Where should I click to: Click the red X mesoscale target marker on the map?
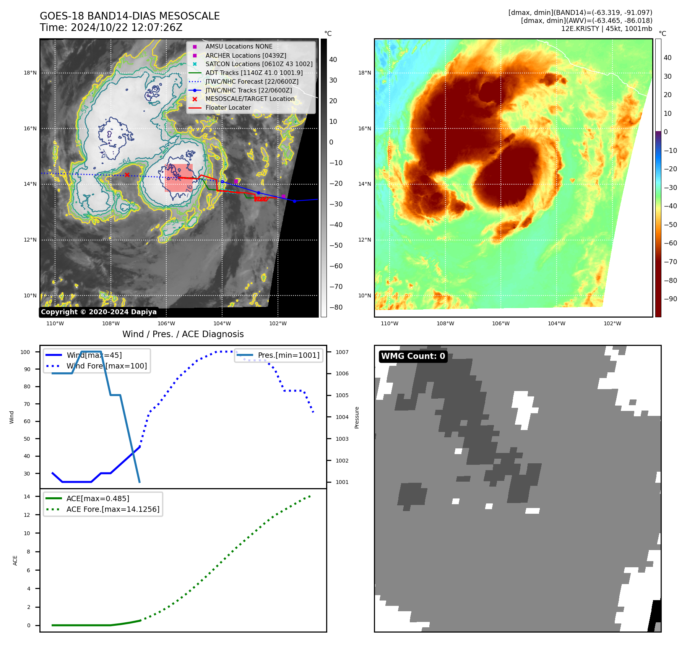pyautogui.click(x=127, y=175)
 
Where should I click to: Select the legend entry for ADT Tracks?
pyautogui.click(x=254, y=73)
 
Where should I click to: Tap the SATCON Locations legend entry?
pyautogui.click(x=259, y=64)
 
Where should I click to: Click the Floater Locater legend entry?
pyautogui.click(x=228, y=107)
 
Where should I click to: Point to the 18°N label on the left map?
pyautogui.click(x=30, y=73)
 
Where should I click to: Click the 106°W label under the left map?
pyautogui.click(x=166, y=323)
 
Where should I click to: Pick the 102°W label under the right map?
pyautogui.click(x=612, y=323)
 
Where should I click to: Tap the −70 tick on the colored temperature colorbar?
pyautogui.click(x=670, y=262)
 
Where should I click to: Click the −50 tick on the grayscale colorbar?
pyautogui.click(x=336, y=245)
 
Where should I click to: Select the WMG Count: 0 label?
pyautogui.click(x=413, y=356)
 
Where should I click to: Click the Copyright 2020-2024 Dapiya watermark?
pyautogui.click(x=99, y=312)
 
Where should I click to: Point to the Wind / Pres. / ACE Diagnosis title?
pyautogui.click(x=183, y=334)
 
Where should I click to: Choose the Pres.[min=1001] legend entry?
pyautogui.click(x=288, y=355)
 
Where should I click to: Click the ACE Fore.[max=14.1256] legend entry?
pyautogui.click(x=113, y=509)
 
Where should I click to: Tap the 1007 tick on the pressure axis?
pyautogui.click(x=342, y=352)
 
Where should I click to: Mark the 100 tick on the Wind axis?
pyautogui.click(x=25, y=352)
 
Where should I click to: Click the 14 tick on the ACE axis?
pyautogui.click(x=27, y=497)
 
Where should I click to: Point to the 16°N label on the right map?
pyautogui.click(x=364, y=128)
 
